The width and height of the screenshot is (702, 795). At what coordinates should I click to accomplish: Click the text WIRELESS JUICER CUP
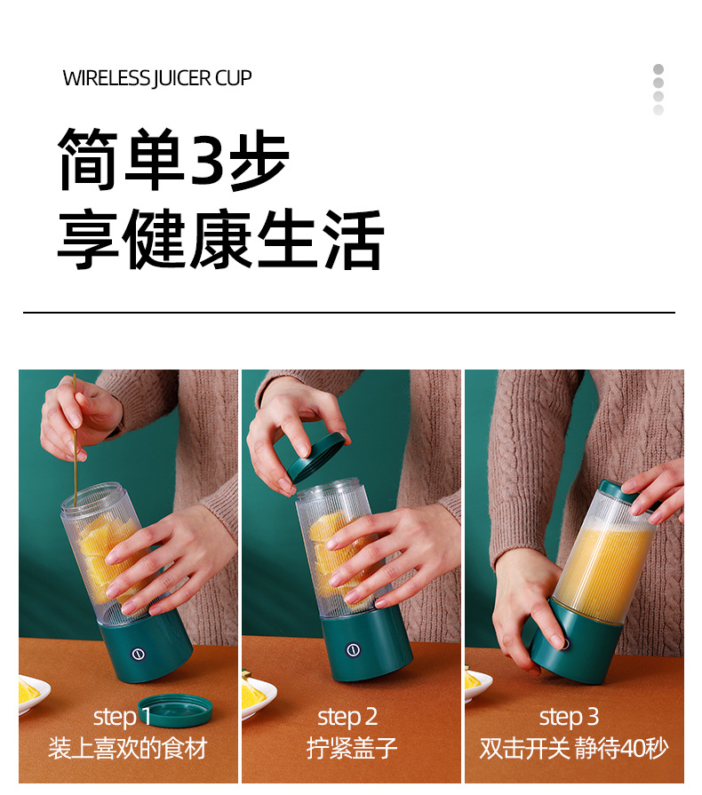click(157, 78)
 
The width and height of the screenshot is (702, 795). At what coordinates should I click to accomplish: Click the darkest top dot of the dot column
click(658, 69)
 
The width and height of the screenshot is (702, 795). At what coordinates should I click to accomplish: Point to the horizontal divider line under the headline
click(349, 313)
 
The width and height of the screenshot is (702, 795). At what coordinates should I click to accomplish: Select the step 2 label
click(347, 717)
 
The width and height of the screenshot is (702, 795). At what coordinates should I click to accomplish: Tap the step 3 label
click(569, 717)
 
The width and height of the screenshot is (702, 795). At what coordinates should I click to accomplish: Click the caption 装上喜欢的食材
click(127, 748)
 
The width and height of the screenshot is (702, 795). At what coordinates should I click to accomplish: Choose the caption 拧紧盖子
click(352, 748)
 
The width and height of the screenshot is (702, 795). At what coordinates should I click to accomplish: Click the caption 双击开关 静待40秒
click(573, 748)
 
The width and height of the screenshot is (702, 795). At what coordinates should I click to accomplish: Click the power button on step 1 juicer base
click(139, 654)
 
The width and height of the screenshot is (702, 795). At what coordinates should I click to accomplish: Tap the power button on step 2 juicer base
click(353, 649)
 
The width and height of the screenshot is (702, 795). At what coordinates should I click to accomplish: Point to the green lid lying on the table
click(175, 708)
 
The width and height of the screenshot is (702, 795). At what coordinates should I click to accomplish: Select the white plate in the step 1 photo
click(32, 696)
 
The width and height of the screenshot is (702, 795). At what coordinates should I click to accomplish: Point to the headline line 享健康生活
click(219, 241)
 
